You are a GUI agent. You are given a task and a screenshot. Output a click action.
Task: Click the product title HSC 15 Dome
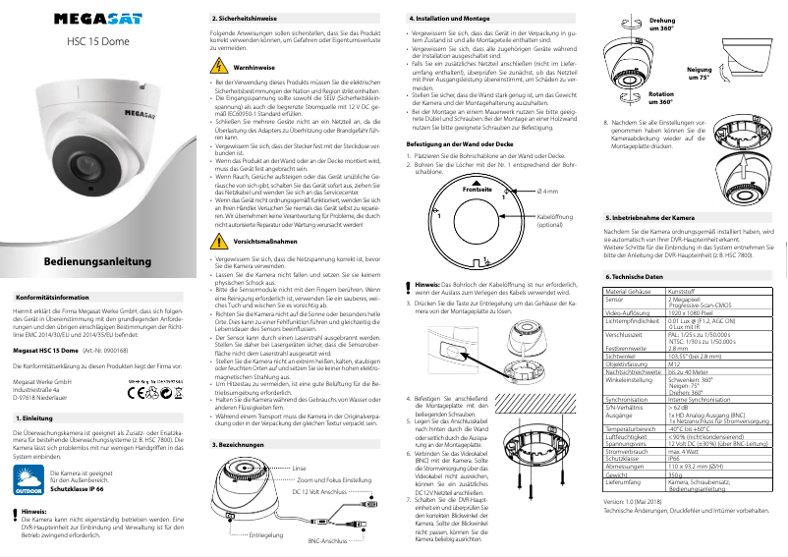(x=96, y=42)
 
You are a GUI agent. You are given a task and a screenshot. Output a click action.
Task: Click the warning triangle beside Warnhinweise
(x=219, y=67)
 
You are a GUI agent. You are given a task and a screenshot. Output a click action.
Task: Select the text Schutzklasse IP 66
(x=90, y=488)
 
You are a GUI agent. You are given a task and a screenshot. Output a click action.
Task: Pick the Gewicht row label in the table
(x=618, y=473)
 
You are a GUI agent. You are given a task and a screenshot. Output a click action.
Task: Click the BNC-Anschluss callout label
(x=329, y=541)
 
